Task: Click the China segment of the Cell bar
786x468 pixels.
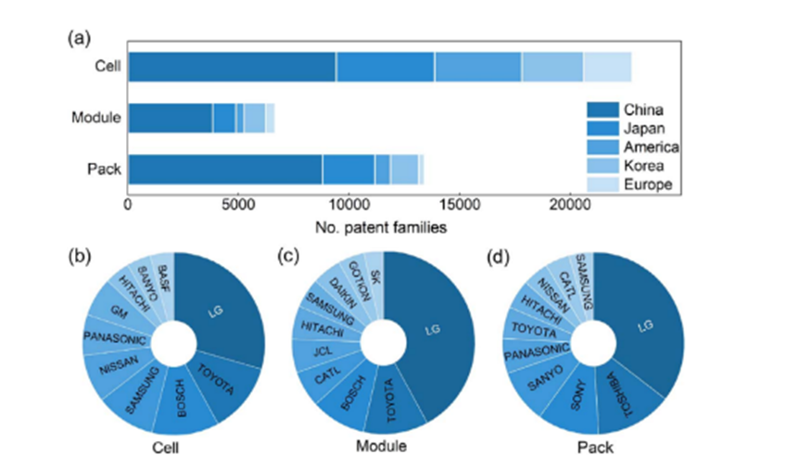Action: (x=232, y=68)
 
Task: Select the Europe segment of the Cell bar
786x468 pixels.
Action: (x=607, y=68)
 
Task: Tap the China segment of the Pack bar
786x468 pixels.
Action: (x=224, y=170)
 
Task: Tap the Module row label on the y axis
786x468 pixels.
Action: (x=96, y=119)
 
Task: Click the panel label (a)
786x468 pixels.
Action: (x=78, y=37)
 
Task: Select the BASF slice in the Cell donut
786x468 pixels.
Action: (x=161, y=276)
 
